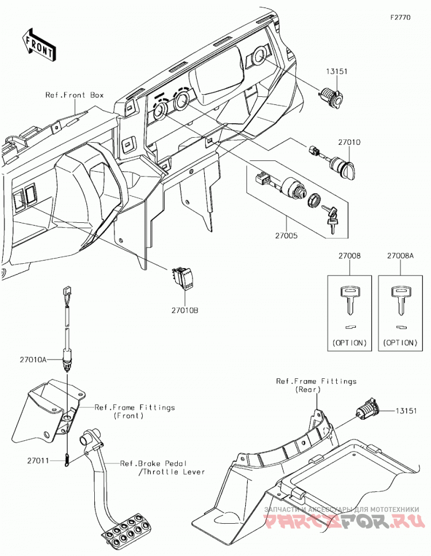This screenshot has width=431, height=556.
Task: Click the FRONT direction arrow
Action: tap(39, 45)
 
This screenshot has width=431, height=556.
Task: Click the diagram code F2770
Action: tap(400, 17)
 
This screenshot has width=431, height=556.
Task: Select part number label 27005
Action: tap(286, 235)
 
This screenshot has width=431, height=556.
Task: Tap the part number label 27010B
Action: tap(185, 310)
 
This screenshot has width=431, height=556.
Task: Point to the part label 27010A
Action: tap(33, 360)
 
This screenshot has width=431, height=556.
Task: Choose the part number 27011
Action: tap(38, 460)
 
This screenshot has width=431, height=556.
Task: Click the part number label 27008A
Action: tap(400, 255)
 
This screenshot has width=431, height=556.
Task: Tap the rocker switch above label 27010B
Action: tap(183, 279)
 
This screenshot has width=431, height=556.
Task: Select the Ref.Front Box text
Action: tap(74, 95)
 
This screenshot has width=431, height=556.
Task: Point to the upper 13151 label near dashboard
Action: tap(337, 71)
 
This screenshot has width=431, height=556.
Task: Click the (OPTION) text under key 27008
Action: tap(349, 343)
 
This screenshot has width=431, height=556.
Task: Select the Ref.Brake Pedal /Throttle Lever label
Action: tap(163, 467)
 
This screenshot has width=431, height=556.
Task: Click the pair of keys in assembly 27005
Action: tap(331, 218)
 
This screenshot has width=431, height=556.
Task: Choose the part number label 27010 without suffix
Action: tap(349, 142)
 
